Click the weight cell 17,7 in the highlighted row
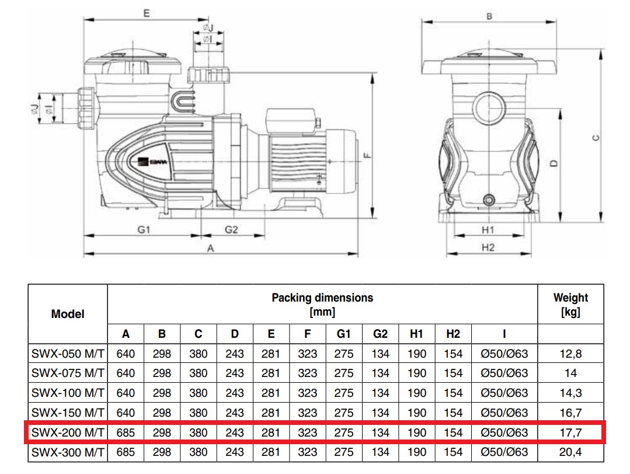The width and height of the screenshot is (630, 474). pos(570,433)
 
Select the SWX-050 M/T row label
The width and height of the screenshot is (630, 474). pos(68,354)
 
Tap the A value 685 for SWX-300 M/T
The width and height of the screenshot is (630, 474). pos(126,452)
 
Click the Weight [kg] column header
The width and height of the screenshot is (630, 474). pos(570,305)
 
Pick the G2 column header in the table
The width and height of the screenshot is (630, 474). pos(380,334)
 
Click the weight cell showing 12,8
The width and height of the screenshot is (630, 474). pos(570,354)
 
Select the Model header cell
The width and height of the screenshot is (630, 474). pos(68,314)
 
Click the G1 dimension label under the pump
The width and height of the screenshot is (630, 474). pos(144,230)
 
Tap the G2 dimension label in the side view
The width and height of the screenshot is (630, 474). pos(232,230)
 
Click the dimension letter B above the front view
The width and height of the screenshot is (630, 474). pos(489,16)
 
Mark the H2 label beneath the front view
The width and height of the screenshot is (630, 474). pos(488,248)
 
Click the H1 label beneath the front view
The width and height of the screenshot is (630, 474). pos(488,230)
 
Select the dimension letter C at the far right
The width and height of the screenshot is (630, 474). pos(595,138)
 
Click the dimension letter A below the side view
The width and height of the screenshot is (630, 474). pos(211,248)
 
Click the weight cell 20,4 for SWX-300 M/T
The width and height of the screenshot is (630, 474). pos(570,452)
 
